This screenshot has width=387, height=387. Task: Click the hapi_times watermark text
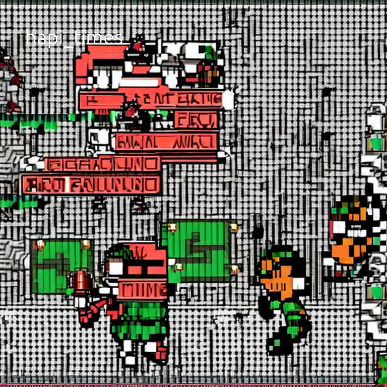coord(74,38)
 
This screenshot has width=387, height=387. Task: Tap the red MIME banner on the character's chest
coord(142,289)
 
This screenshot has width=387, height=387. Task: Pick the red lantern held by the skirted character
coord(80,281)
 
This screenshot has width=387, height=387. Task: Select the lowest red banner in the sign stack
coord(91,185)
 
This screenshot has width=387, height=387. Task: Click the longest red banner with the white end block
coord(151,100)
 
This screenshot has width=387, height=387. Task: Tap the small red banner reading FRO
coord(196,120)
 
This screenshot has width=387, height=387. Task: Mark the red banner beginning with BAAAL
coord(166,142)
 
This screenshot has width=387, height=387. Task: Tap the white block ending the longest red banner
coord(228,100)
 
